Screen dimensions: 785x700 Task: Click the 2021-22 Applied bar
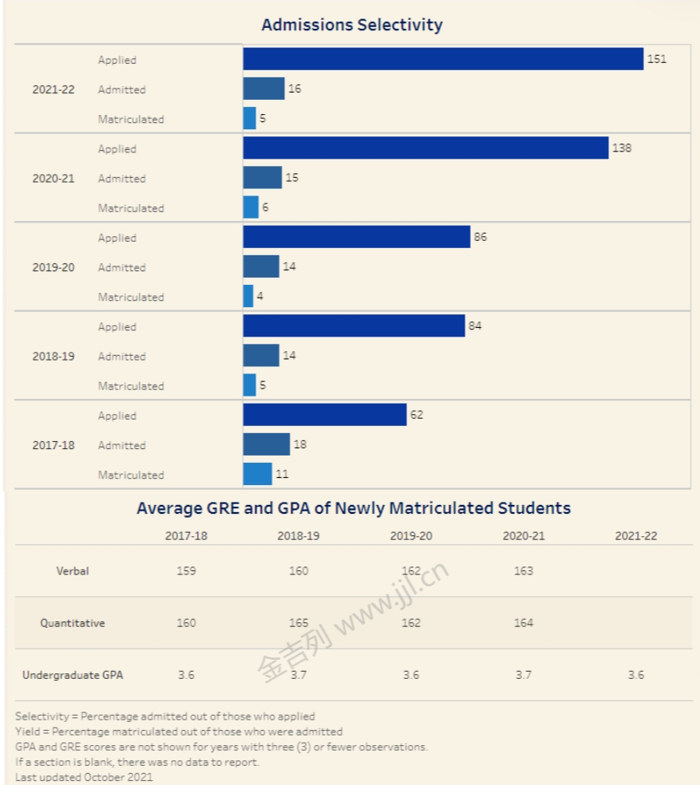pos(443,59)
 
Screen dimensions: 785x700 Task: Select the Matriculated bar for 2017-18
pos(258,474)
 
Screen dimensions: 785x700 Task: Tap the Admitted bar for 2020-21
pos(263,178)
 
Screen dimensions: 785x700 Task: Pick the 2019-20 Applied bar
pos(357,237)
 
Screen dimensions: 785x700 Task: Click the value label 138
pos(621,148)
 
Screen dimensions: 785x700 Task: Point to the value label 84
pos(475,326)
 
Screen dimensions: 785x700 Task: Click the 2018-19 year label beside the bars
pos(53,357)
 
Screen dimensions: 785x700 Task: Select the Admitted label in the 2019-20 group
pos(121,267)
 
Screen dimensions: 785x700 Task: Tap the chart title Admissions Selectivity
pos(351,25)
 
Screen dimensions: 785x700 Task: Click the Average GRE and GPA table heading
pos(354,508)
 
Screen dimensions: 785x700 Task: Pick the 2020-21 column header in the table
pos(524,536)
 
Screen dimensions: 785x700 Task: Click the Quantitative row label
pos(73,623)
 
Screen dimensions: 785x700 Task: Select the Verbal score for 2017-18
pos(186,571)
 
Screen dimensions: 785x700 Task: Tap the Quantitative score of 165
pos(299,623)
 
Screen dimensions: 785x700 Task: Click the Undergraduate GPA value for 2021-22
pos(635,675)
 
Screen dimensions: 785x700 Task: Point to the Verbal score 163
pos(524,571)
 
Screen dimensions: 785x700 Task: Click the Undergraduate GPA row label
pos(73,675)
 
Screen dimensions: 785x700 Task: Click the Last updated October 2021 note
pos(84,776)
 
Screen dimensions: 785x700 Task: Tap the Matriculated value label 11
pos(282,475)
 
